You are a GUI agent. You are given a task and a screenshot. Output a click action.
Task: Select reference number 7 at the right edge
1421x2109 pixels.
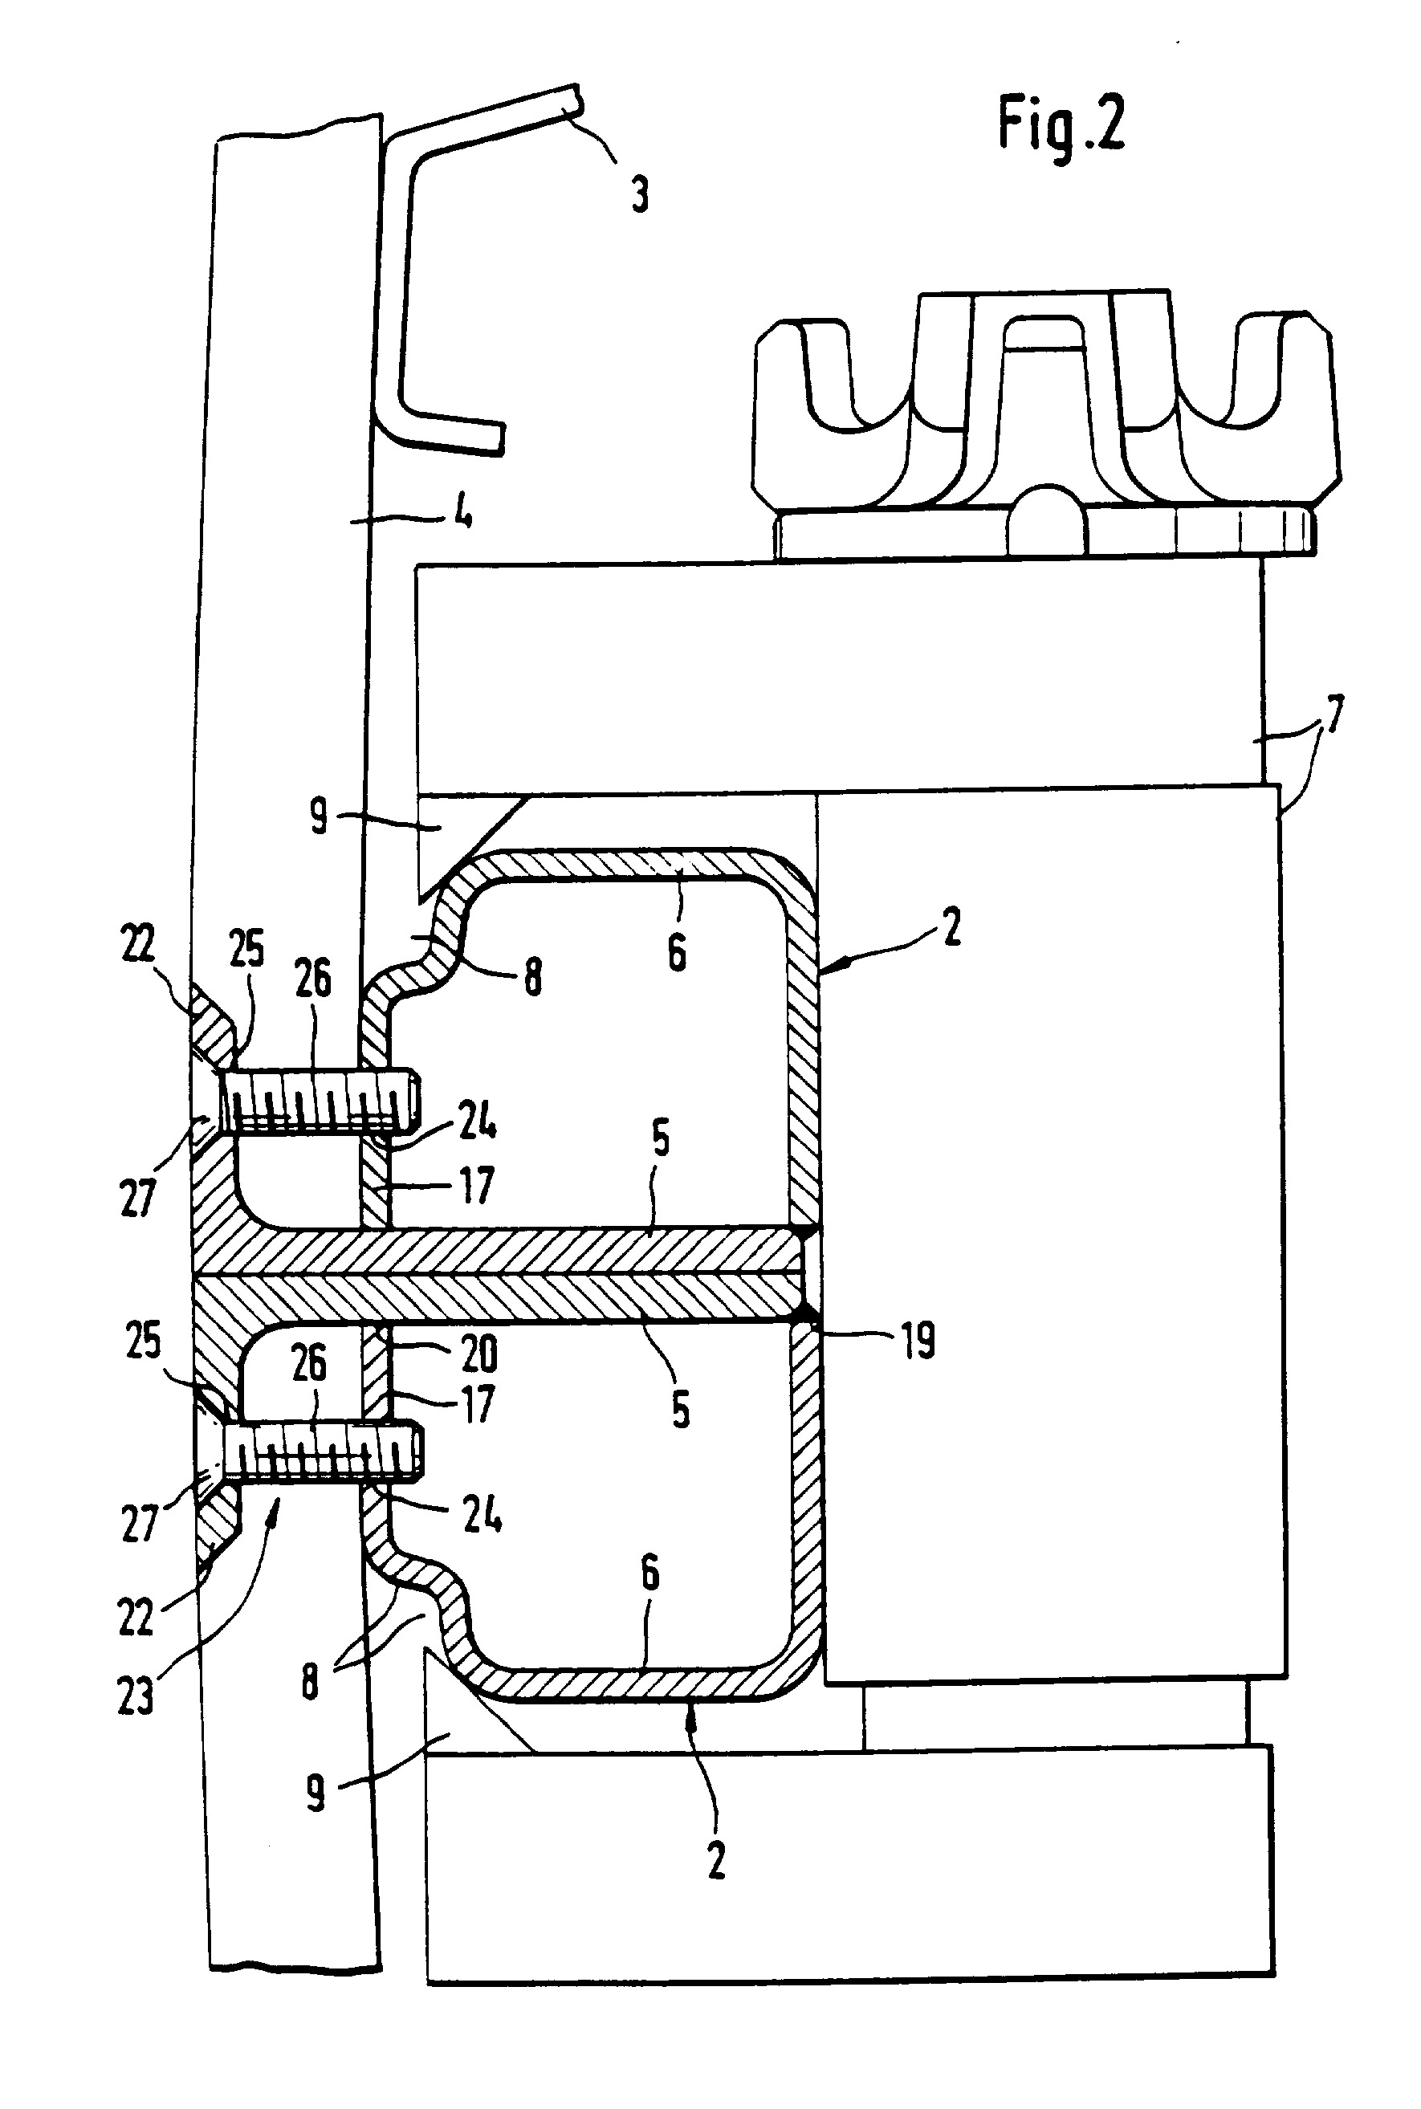click(x=1334, y=715)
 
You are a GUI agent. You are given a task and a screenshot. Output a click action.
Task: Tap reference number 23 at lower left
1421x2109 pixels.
click(x=136, y=1695)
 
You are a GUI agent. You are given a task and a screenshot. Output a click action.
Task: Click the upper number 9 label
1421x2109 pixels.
click(x=318, y=816)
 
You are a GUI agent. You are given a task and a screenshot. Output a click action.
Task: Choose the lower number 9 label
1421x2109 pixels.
click(x=316, y=1793)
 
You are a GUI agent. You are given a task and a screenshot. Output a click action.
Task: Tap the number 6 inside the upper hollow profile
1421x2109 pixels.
click(x=677, y=952)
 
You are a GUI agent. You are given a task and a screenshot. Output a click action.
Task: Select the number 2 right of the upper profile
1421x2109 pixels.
click(x=951, y=928)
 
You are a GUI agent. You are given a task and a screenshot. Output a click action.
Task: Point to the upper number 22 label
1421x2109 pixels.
click(x=138, y=944)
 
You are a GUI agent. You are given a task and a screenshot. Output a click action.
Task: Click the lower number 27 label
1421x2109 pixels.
click(x=140, y=1523)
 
